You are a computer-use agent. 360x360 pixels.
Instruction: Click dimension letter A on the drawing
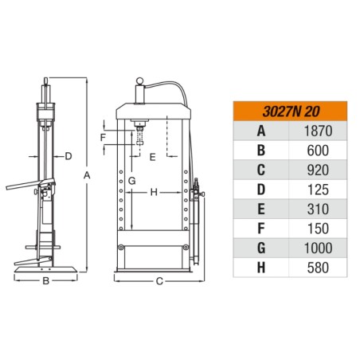[x=87, y=174]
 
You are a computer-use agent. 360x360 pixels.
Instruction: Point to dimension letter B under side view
[x=46, y=281]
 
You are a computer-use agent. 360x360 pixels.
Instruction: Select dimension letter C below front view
[x=158, y=281]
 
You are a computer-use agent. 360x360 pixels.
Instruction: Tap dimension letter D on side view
[x=68, y=155]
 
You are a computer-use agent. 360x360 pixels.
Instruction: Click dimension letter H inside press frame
[x=153, y=192]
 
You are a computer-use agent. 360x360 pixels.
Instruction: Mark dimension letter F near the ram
[x=104, y=137]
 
